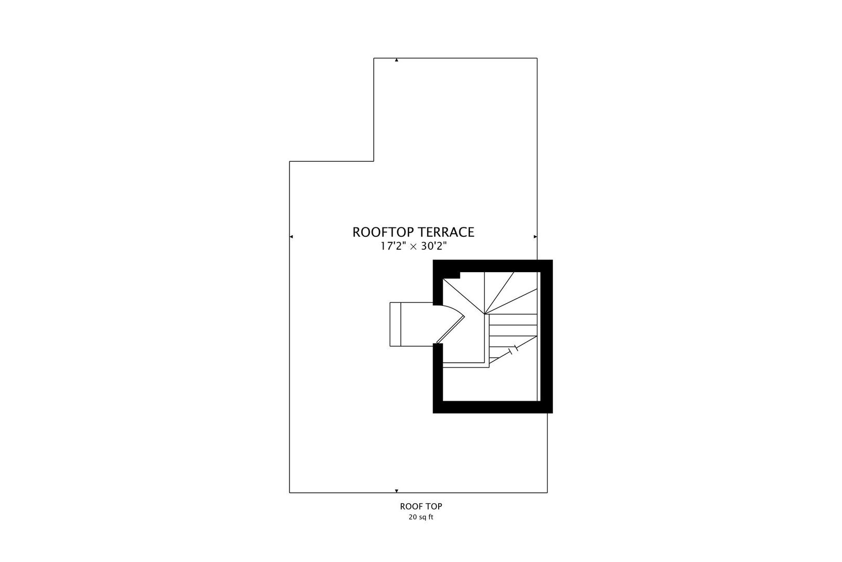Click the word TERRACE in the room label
(446, 232)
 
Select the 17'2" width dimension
(393, 246)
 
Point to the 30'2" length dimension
(433, 246)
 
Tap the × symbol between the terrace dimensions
(414, 247)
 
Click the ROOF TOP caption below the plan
(421, 506)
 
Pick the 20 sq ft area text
(421, 517)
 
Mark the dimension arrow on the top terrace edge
(397, 60)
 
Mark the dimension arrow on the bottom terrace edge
(397, 491)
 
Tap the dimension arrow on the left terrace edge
(291, 237)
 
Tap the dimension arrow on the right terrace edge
(535, 237)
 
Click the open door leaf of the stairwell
(450, 330)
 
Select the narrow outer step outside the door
(396, 324)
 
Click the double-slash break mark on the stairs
(513, 350)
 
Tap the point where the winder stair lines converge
(484, 314)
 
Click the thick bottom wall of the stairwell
(492, 407)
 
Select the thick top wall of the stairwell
(492, 266)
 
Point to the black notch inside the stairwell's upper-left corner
(452, 275)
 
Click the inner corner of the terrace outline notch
(374, 161)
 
